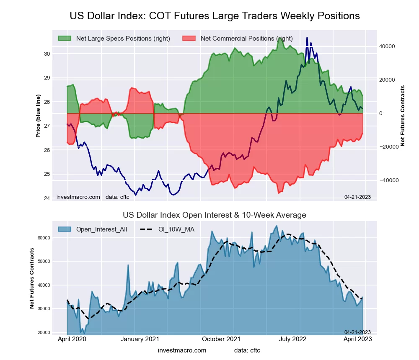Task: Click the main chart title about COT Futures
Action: coord(215,16)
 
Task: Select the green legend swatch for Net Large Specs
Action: coord(65,39)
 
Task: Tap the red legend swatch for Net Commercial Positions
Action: coord(189,39)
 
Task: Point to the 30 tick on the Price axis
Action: coord(47,54)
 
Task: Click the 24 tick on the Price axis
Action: coord(47,198)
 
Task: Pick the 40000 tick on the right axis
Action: coord(388,46)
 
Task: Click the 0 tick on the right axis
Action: coord(381,113)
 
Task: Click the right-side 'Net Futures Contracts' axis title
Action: coord(403,116)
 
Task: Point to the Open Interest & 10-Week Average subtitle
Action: coord(215,215)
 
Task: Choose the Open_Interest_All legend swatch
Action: coord(65,229)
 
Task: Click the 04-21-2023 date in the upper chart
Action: coord(357,197)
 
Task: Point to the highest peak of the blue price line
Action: coord(307,38)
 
